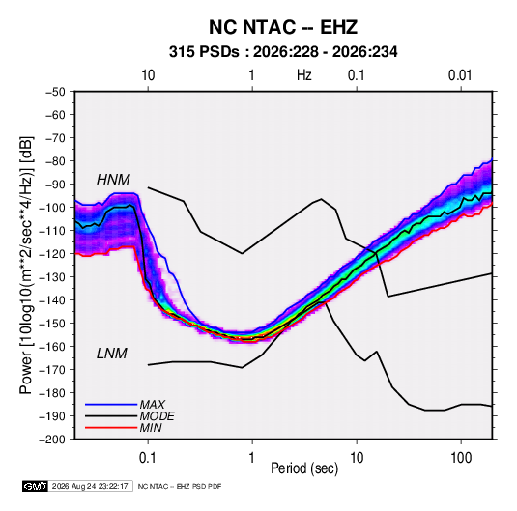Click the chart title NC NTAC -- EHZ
tap(283, 27)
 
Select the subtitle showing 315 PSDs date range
tap(283, 52)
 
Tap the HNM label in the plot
tap(113, 180)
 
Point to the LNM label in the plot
tap(112, 354)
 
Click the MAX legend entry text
tap(153, 404)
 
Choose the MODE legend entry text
tap(157, 416)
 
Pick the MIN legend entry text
tap(151, 428)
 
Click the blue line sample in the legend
tap(111, 405)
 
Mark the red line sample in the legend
tap(111, 428)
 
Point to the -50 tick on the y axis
tap(55, 92)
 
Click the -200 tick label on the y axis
tap(52, 440)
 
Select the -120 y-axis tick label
tap(52, 254)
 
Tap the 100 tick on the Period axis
tap(461, 458)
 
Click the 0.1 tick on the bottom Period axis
tap(148, 458)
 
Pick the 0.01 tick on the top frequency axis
tap(460, 75)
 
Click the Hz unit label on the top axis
tap(304, 75)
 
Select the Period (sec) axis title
tap(304, 468)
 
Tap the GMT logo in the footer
tap(36, 486)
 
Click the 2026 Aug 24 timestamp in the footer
tap(90, 486)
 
